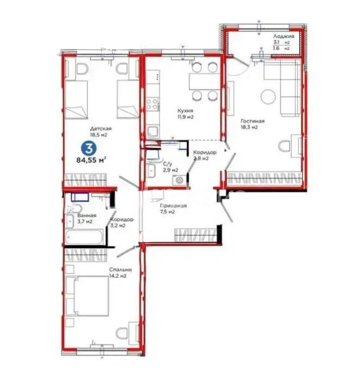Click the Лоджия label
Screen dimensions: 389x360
pyautogui.click(x=283, y=35)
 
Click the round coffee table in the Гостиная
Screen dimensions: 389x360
pyautogui.click(x=268, y=97)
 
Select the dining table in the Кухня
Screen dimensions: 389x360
pyautogui.click(x=204, y=81)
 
